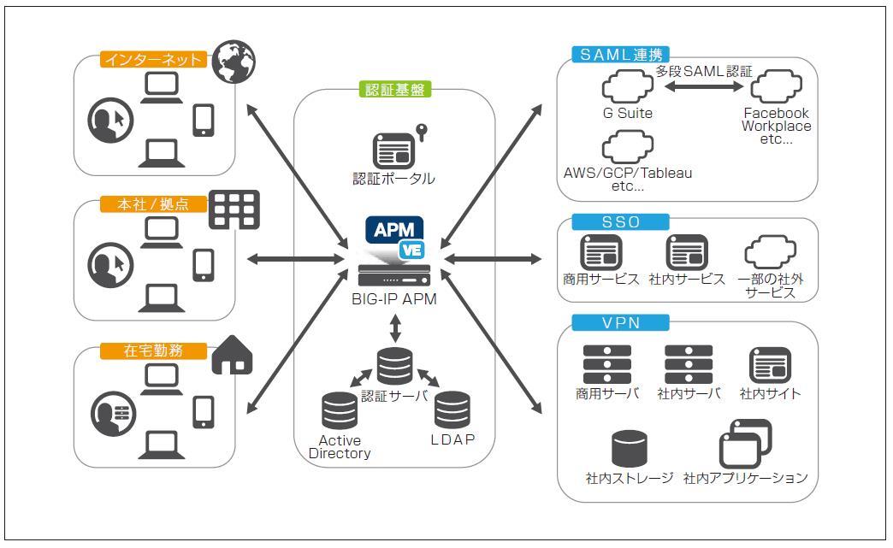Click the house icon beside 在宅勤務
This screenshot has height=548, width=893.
click(234, 355)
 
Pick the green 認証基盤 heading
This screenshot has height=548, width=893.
click(394, 90)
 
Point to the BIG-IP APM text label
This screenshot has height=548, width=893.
click(394, 299)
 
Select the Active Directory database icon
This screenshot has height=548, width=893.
click(340, 410)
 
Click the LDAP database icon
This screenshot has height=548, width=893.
click(452, 410)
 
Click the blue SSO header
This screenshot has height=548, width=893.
click(620, 222)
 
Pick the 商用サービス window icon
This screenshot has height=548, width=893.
click(601, 253)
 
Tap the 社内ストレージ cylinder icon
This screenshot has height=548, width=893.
click(630, 449)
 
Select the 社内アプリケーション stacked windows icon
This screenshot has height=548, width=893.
click(745, 444)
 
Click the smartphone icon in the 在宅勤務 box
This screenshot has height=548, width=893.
click(204, 412)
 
